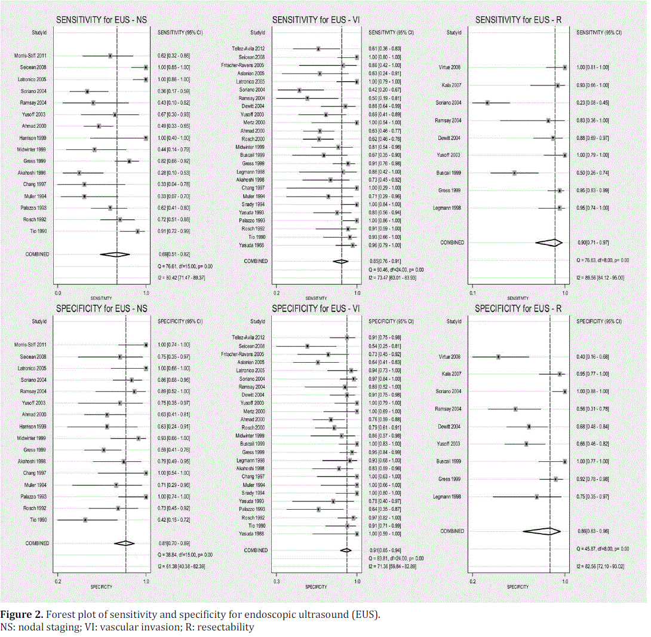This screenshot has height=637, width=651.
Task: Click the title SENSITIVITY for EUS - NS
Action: click(x=102, y=20)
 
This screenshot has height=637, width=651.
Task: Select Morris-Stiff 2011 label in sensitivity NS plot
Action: click(x=27, y=56)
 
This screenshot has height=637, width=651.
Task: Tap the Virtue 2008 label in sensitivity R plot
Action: click(x=451, y=68)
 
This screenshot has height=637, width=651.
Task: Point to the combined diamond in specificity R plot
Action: click(x=542, y=531)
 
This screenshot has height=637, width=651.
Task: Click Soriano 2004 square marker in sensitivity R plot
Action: click(x=487, y=103)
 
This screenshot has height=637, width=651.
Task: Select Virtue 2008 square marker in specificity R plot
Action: click(x=498, y=357)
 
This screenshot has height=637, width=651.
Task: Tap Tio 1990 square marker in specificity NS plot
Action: click(x=85, y=520)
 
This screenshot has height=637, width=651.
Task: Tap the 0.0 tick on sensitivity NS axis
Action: click(x=57, y=293)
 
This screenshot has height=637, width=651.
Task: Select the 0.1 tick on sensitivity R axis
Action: click(x=472, y=293)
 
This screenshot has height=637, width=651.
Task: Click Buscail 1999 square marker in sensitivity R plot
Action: click(x=514, y=173)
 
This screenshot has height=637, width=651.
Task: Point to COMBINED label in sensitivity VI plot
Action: click(x=256, y=261)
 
